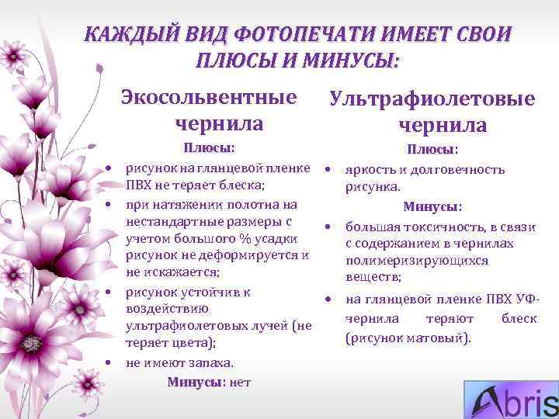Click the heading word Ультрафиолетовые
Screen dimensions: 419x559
click(x=432, y=99)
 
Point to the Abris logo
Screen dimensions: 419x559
click(x=511, y=401)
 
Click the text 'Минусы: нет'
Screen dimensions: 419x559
click(x=209, y=382)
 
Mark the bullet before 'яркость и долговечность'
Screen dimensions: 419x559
click(x=329, y=169)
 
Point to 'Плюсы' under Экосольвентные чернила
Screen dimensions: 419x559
click(x=207, y=148)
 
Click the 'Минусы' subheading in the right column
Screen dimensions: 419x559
click(x=430, y=207)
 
